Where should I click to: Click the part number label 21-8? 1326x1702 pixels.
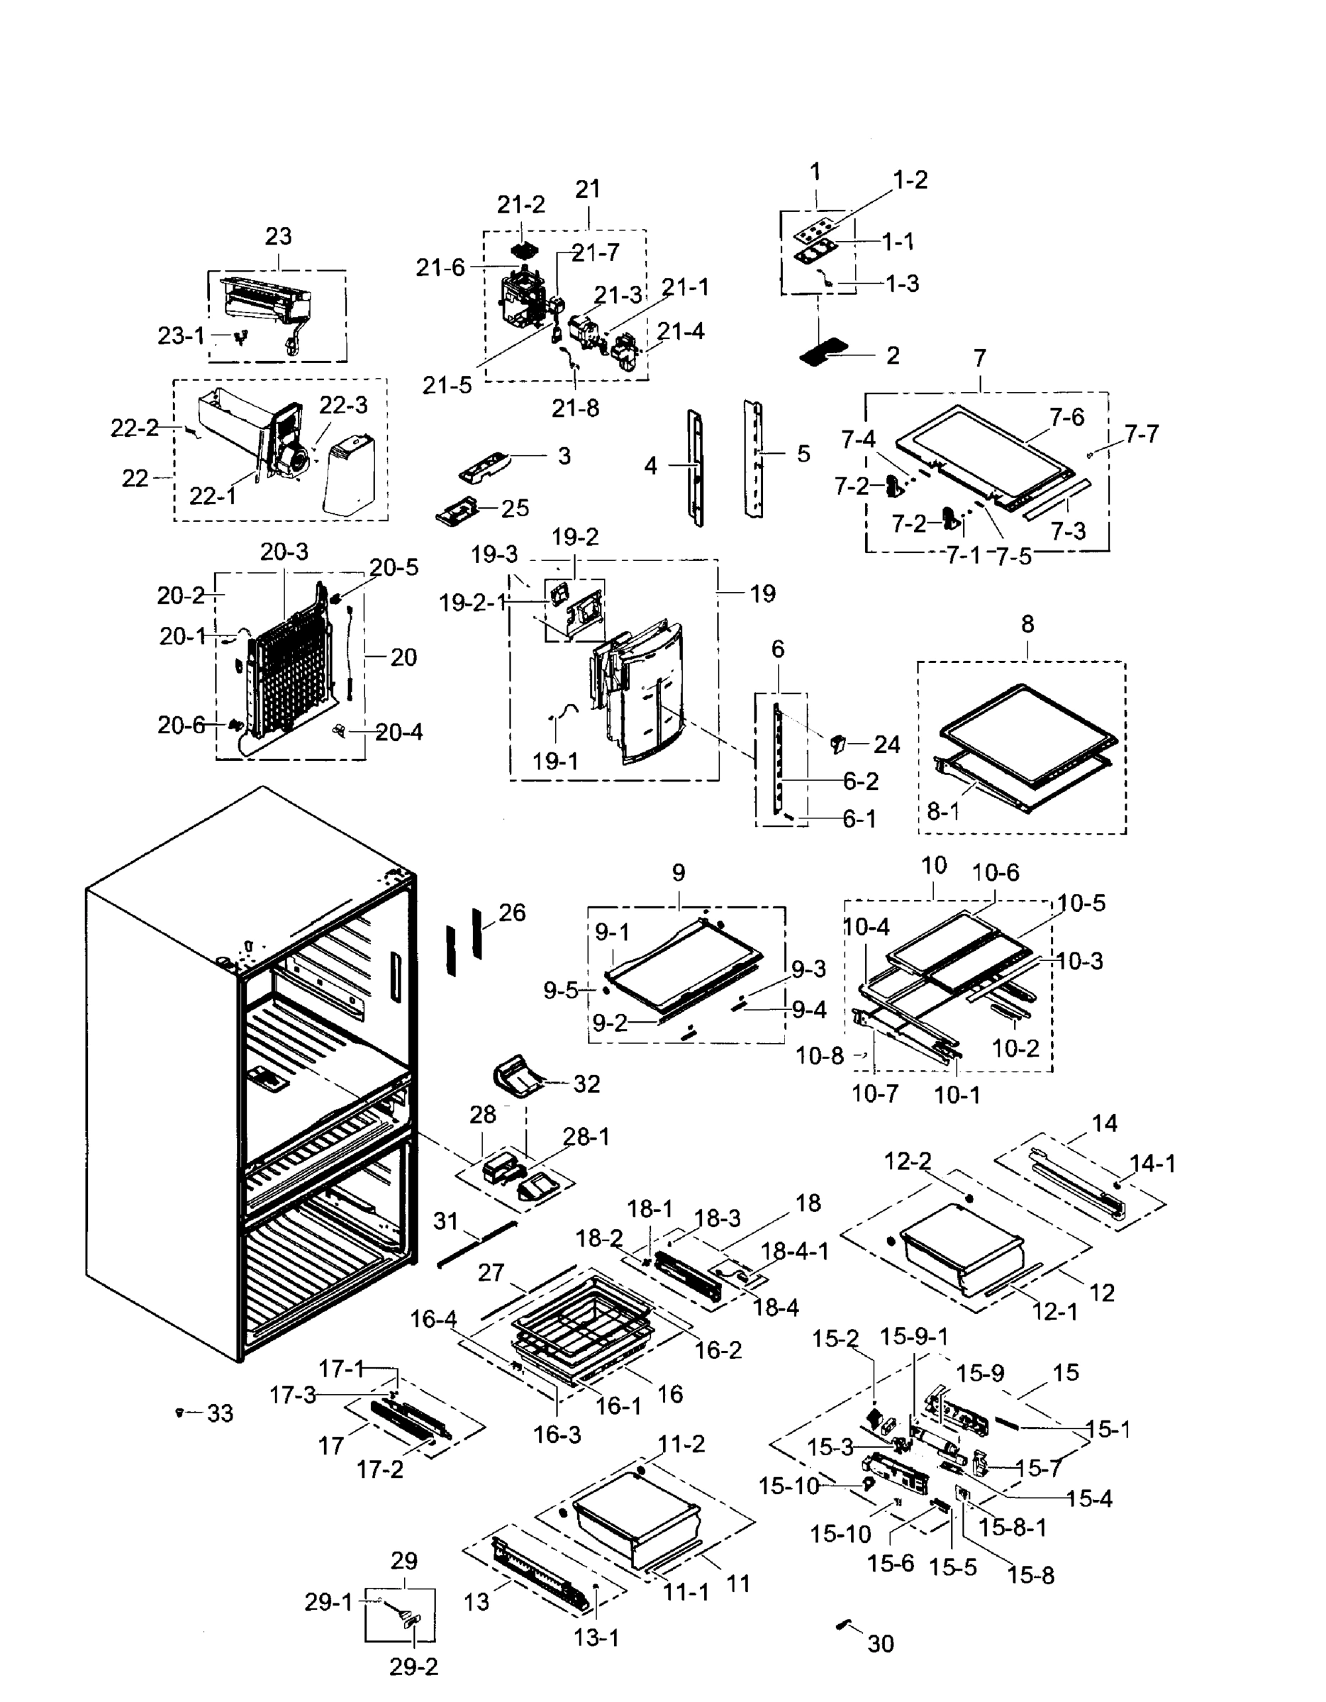(575, 408)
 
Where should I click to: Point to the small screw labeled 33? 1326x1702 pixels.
(180, 1412)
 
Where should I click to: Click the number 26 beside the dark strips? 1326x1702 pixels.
(511, 912)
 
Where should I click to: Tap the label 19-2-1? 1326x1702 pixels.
(472, 602)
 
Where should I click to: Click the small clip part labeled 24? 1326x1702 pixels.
(839, 742)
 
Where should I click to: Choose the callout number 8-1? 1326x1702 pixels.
(942, 811)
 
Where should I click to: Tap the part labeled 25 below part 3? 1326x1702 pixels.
(460, 514)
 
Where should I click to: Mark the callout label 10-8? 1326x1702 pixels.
(819, 1056)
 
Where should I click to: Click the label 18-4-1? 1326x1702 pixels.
(795, 1251)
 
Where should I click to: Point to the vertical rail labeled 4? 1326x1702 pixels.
(695, 467)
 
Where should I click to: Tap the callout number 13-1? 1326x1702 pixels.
(596, 1638)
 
